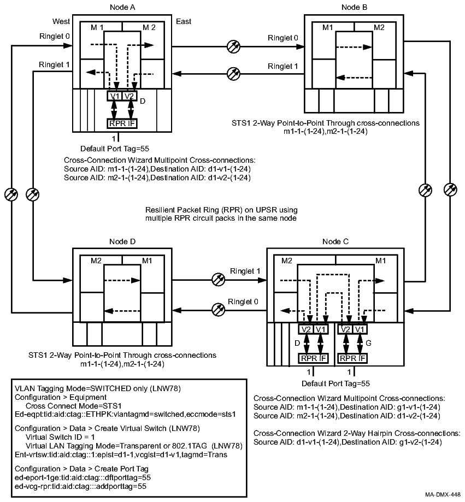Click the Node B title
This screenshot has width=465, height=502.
[354, 7]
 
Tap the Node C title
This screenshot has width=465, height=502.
[334, 241]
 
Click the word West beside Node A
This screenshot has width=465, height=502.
[61, 21]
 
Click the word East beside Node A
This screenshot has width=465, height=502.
[184, 21]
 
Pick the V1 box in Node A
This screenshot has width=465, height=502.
[115, 96]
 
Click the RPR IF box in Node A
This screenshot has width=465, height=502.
[122, 123]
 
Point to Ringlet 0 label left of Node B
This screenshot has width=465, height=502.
[283, 38]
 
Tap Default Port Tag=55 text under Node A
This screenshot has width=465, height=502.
[115, 148]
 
